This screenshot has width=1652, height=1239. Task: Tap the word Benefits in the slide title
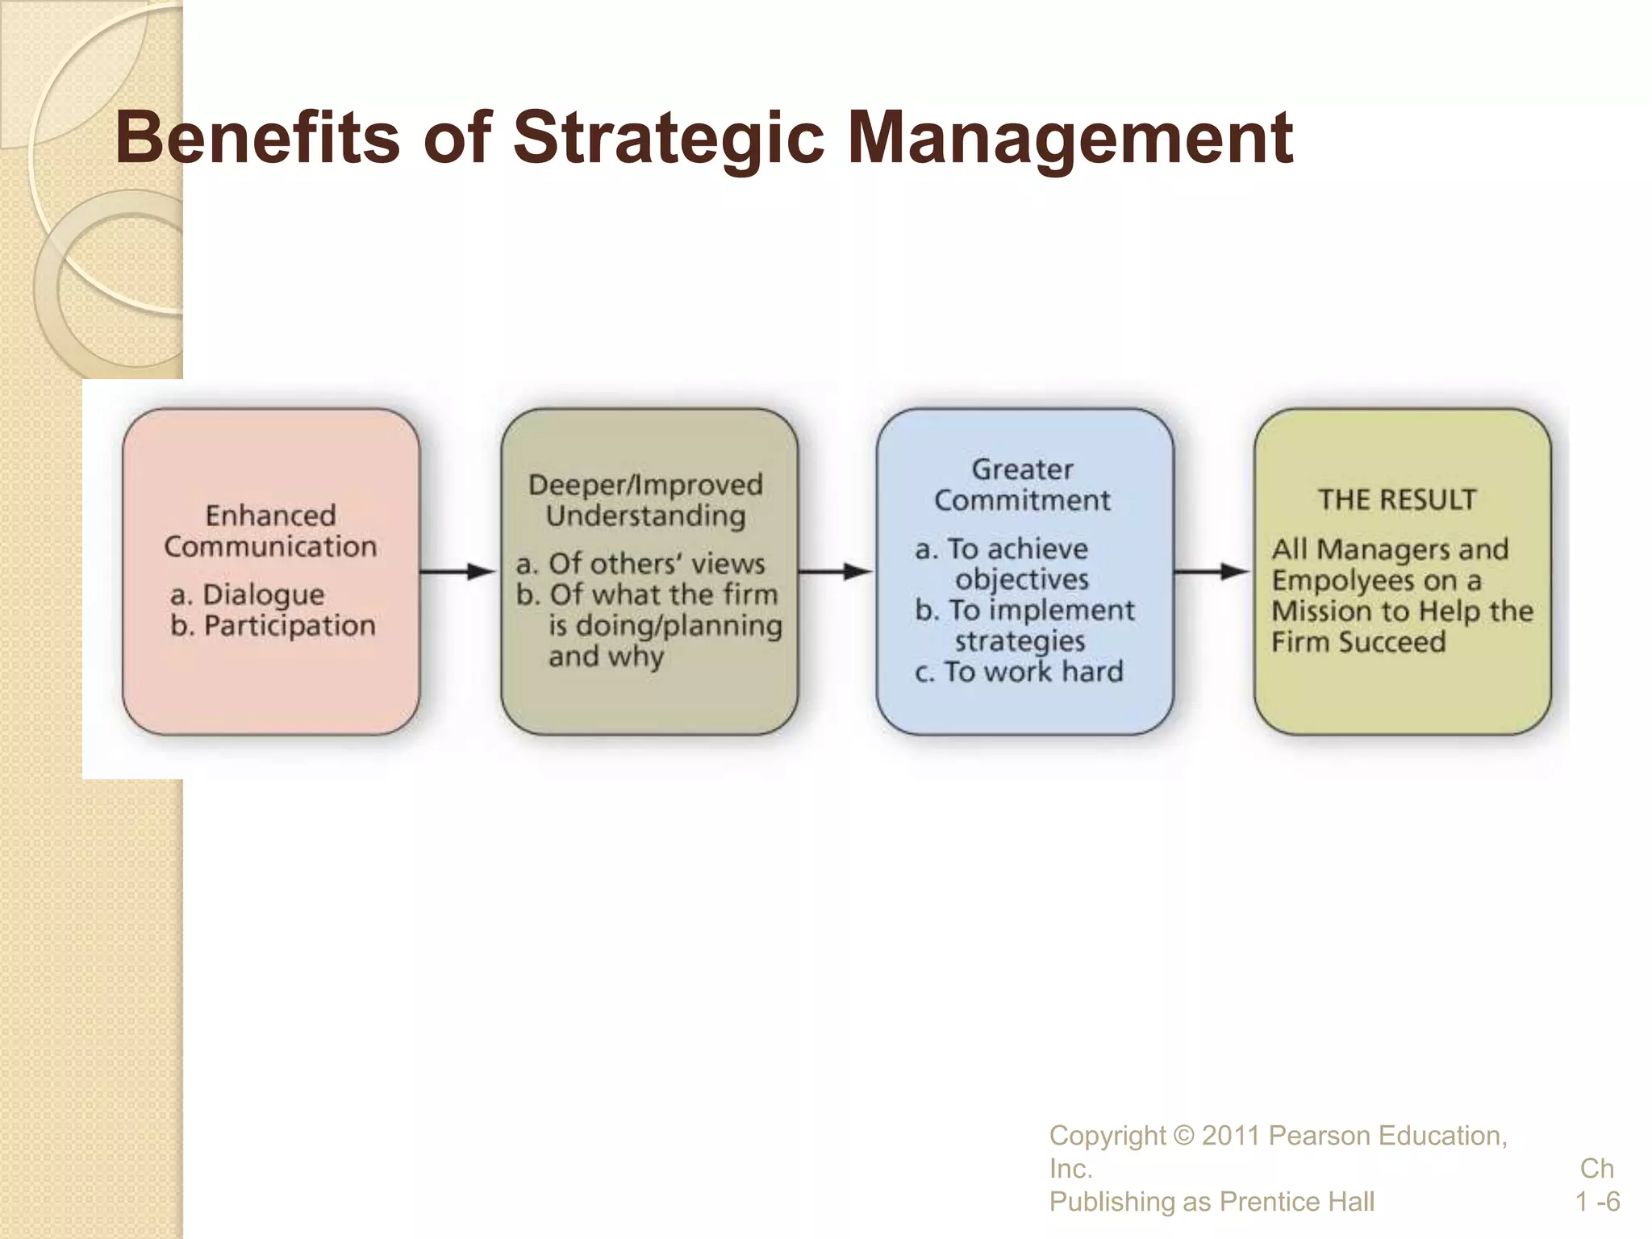(258, 137)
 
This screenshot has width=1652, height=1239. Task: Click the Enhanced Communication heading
(270, 531)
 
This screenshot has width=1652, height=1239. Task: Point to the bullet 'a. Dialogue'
(248, 594)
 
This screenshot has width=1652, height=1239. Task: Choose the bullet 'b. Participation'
(273, 625)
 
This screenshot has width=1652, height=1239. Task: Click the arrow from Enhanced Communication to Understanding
(458, 572)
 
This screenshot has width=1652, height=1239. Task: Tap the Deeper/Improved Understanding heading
(645, 499)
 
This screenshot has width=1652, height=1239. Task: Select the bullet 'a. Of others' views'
(640, 563)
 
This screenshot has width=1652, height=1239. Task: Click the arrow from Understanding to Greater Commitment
(836, 572)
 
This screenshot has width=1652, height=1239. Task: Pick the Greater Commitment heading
(1022, 484)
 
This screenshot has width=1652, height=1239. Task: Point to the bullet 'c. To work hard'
(1019, 671)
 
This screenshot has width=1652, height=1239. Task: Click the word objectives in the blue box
(1022, 579)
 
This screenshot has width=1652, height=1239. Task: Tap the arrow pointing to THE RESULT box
(1212, 572)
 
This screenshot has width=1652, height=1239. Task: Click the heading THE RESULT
(1397, 499)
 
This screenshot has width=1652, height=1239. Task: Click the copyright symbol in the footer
(1184, 1136)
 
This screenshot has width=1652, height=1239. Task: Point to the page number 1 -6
(1597, 1202)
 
